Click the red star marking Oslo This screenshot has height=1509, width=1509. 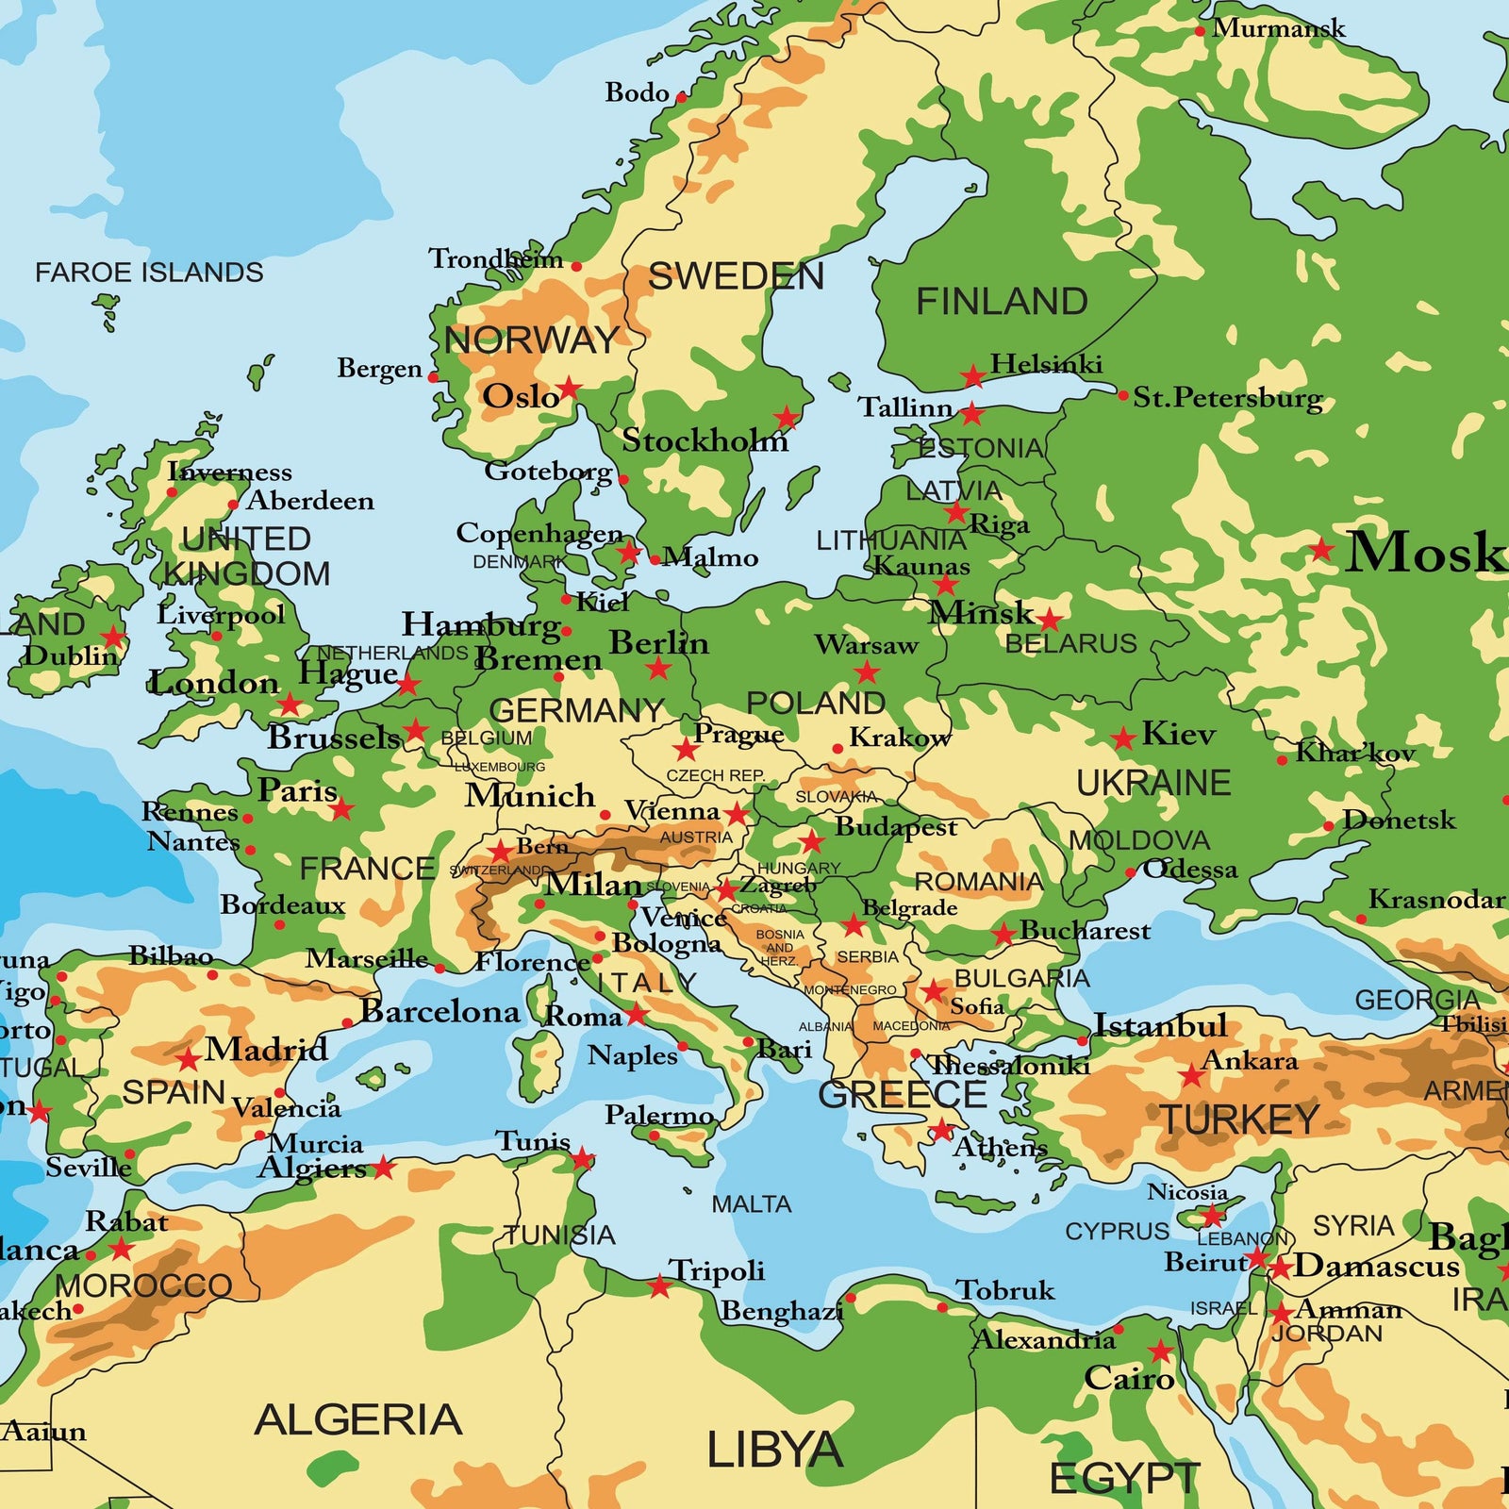[569, 388]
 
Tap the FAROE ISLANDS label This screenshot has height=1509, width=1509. [149, 273]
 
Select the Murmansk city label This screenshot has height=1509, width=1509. [1278, 28]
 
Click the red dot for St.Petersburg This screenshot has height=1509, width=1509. [1122, 395]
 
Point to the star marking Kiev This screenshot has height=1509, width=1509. [1122, 738]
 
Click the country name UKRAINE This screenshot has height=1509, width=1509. [1153, 783]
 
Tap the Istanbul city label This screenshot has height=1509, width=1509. [1160, 1025]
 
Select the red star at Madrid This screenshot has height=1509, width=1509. [189, 1059]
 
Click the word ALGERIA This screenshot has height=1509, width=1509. [358, 1419]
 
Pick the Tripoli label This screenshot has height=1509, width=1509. [717, 1270]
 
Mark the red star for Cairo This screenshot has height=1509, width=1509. [1160, 1351]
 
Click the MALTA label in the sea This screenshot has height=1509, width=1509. [751, 1204]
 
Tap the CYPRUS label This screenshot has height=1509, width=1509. [1117, 1232]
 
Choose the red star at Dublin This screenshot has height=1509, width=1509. [113, 637]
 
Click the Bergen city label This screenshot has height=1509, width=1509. [379, 368]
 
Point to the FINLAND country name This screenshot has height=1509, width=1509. [1002, 302]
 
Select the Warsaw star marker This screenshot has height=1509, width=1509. [867, 672]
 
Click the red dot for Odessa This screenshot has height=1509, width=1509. [1131, 872]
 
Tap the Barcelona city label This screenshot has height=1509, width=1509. [439, 1012]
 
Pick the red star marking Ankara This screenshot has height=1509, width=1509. [1192, 1075]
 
